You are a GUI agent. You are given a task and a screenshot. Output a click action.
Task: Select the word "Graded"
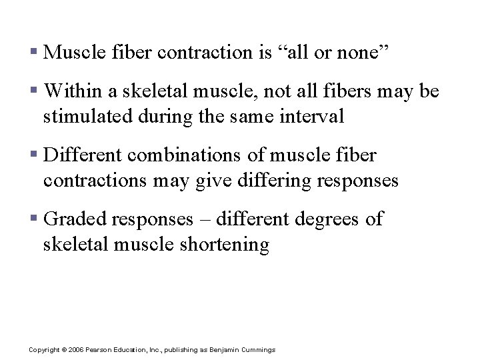pyautogui.click(x=77, y=219)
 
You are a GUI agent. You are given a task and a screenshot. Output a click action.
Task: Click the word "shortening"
pyautogui.click(x=225, y=245)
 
